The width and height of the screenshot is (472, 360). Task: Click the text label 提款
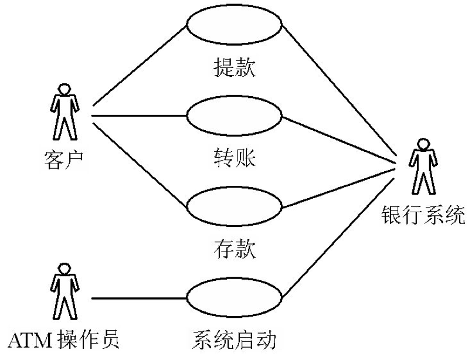coord(235,67)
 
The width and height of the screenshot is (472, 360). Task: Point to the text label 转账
coord(235,158)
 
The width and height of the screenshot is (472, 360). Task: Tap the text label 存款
coord(235,249)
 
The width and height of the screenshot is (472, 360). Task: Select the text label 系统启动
coord(234,340)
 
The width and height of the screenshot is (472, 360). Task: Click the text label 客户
coord(64,160)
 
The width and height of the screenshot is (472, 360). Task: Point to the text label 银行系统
coord(423,215)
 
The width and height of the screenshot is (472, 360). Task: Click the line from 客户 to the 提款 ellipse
coord(140,66)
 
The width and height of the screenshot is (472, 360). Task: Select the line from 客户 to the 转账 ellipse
coord(139,116)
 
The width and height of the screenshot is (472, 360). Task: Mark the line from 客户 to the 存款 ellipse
coord(140,164)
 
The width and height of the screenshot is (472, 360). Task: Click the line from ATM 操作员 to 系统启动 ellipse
coord(139,298)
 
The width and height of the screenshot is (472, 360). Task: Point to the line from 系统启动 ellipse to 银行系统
coord(338,238)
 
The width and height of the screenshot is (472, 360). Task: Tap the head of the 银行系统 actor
coord(423,144)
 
